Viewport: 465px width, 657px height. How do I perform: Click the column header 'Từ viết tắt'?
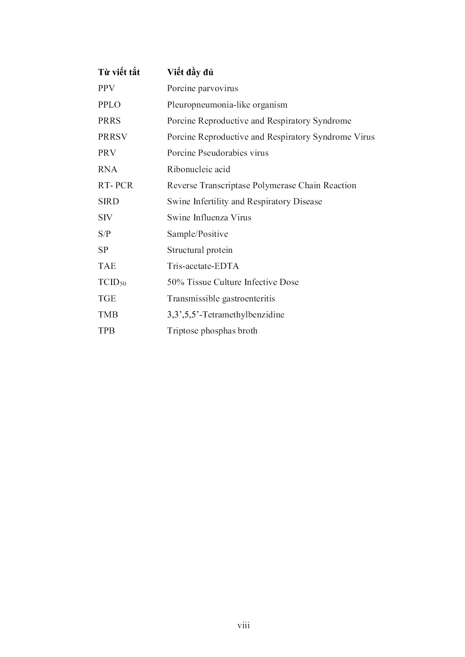coord(119,72)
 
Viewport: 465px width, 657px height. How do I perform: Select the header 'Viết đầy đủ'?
coord(190,72)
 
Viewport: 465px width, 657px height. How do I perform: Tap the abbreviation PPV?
coord(106,89)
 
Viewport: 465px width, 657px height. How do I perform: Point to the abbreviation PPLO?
coord(109,105)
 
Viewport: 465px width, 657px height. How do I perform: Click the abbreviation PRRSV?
coord(112,137)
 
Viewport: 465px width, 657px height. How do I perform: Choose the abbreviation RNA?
coord(108,169)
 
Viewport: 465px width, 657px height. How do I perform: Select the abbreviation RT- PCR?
coord(115,185)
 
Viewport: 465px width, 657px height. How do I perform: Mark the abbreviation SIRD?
coord(108,201)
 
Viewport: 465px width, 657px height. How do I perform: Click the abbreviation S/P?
coord(104,234)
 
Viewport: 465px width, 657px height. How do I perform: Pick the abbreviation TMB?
coord(108,315)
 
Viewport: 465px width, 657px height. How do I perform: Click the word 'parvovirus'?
coord(217,89)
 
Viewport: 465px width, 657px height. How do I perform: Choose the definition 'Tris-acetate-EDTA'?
coord(203,266)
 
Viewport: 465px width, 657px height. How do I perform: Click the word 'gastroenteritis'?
coord(248,299)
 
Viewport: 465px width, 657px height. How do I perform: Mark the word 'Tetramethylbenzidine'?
coord(244,315)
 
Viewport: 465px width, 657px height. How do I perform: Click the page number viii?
coord(243,625)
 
